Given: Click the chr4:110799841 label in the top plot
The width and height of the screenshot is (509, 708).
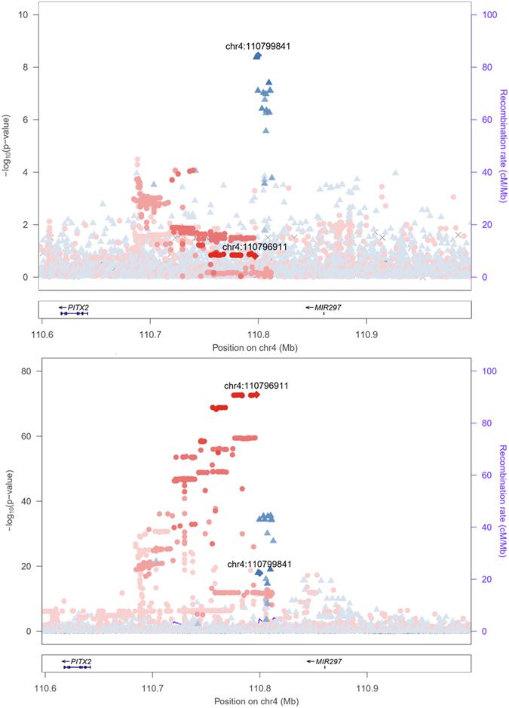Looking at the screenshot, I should (258, 46).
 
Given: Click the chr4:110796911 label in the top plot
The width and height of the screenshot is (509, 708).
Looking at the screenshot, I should (255, 247).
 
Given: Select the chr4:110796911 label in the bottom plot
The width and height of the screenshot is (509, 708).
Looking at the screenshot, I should (257, 386).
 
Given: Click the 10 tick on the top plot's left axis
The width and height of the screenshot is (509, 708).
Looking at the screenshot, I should (25, 15).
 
